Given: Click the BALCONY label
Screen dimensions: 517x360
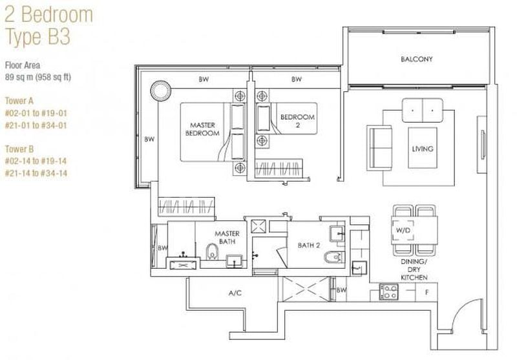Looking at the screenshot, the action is [x=416, y=59].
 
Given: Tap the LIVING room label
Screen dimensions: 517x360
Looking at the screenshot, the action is [x=423, y=149].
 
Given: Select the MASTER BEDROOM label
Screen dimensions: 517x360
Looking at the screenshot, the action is [x=202, y=129].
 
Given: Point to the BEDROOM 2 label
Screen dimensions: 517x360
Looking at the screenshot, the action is [x=297, y=121].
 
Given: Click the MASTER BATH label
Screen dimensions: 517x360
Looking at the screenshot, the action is [x=227, y=237].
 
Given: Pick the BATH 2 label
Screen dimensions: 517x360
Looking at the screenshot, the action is [x=309, y=245].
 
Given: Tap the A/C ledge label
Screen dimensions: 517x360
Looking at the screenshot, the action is [x=235, y=293].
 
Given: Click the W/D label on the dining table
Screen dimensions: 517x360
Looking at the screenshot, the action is [x=403, y=230].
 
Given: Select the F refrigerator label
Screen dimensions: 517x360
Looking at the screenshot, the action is [x=427, y=292].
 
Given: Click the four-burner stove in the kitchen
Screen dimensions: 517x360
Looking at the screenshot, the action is [x=389, y=292].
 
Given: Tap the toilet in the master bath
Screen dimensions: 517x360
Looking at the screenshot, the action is [x=212, y=251].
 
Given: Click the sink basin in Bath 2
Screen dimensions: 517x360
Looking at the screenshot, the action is [x=337, y=234].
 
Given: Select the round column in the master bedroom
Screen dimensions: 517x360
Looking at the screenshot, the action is [x=160, y=90].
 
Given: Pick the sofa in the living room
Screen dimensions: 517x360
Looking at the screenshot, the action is [x=380, y=148].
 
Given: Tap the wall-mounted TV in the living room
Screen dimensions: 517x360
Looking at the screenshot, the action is [x=483, y=144].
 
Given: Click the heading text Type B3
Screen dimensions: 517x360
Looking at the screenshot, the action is [x=38, y=36].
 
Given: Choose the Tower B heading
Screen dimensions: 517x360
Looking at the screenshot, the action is [x=19, y=149].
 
